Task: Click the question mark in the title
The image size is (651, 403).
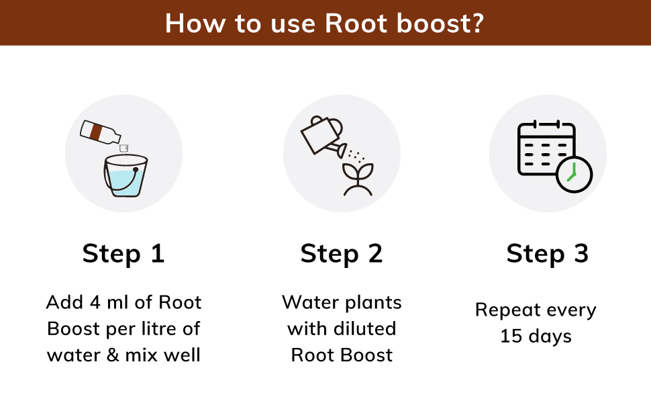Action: point(477,23)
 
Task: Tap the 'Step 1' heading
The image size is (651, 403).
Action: point(123,254)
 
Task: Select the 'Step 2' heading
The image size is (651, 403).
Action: point(342,254)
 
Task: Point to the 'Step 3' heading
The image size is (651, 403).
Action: point(547,254)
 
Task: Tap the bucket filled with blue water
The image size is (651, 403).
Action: point(126,176)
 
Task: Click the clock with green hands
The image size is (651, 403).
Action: point(574,174)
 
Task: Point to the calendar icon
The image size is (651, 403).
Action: point(545,149)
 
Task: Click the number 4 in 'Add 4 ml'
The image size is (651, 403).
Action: point(95,302)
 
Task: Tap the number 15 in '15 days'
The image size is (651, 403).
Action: point(511,336)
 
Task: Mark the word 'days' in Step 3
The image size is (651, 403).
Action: point(549,336)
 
